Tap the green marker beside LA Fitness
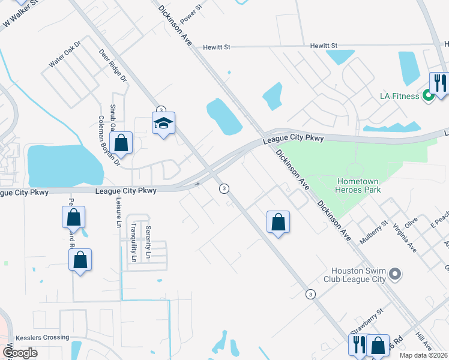point(429,95)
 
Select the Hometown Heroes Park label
point(359,185)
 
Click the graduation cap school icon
point(163,124)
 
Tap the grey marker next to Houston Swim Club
point(394,274)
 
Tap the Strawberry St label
point(367,321)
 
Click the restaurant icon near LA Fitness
point(439,83)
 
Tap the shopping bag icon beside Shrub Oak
point(121,143)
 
